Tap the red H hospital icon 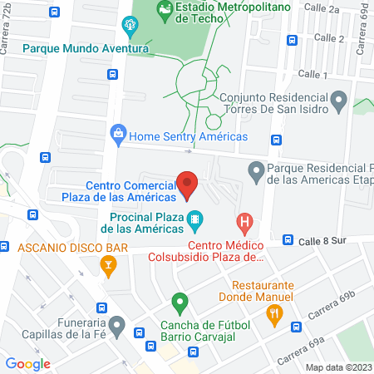pos(244,222)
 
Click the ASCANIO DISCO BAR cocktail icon pos(107,266)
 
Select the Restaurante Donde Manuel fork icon pos(276,312)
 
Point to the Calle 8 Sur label pos(323,239)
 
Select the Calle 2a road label pos(323,9)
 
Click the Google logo pos(28,363)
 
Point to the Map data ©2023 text pos(338,367)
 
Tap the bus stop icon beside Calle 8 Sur pos(287,239)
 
